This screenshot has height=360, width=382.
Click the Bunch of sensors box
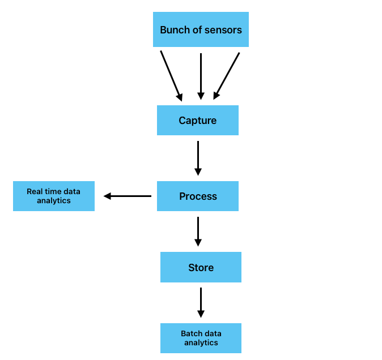click(x=201, y=29)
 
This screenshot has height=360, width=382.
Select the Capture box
click(x=197, y=120)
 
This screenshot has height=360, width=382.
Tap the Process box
click(x=197, y=196)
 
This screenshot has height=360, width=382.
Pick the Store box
click(x=201, y=267)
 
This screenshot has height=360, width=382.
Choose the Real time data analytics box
click(x=54, y=196)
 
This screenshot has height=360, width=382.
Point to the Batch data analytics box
click(x=201, y=338)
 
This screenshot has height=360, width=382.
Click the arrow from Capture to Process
click(x=198, y=158)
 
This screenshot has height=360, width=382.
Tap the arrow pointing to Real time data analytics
click(x=128, y=196)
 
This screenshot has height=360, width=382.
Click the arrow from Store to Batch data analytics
click(x=201, y=302)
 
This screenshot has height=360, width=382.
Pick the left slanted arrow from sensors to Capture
click(x=171, y=76)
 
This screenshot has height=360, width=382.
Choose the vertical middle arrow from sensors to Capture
click(x=201, y=76)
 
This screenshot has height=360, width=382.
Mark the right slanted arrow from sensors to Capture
click(x=227, y=76)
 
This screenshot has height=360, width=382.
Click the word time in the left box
click(x=53, y=191)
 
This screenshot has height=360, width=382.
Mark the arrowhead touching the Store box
click(x=198, y=242)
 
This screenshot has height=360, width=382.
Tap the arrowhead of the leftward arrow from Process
click(x=107, y=196)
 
